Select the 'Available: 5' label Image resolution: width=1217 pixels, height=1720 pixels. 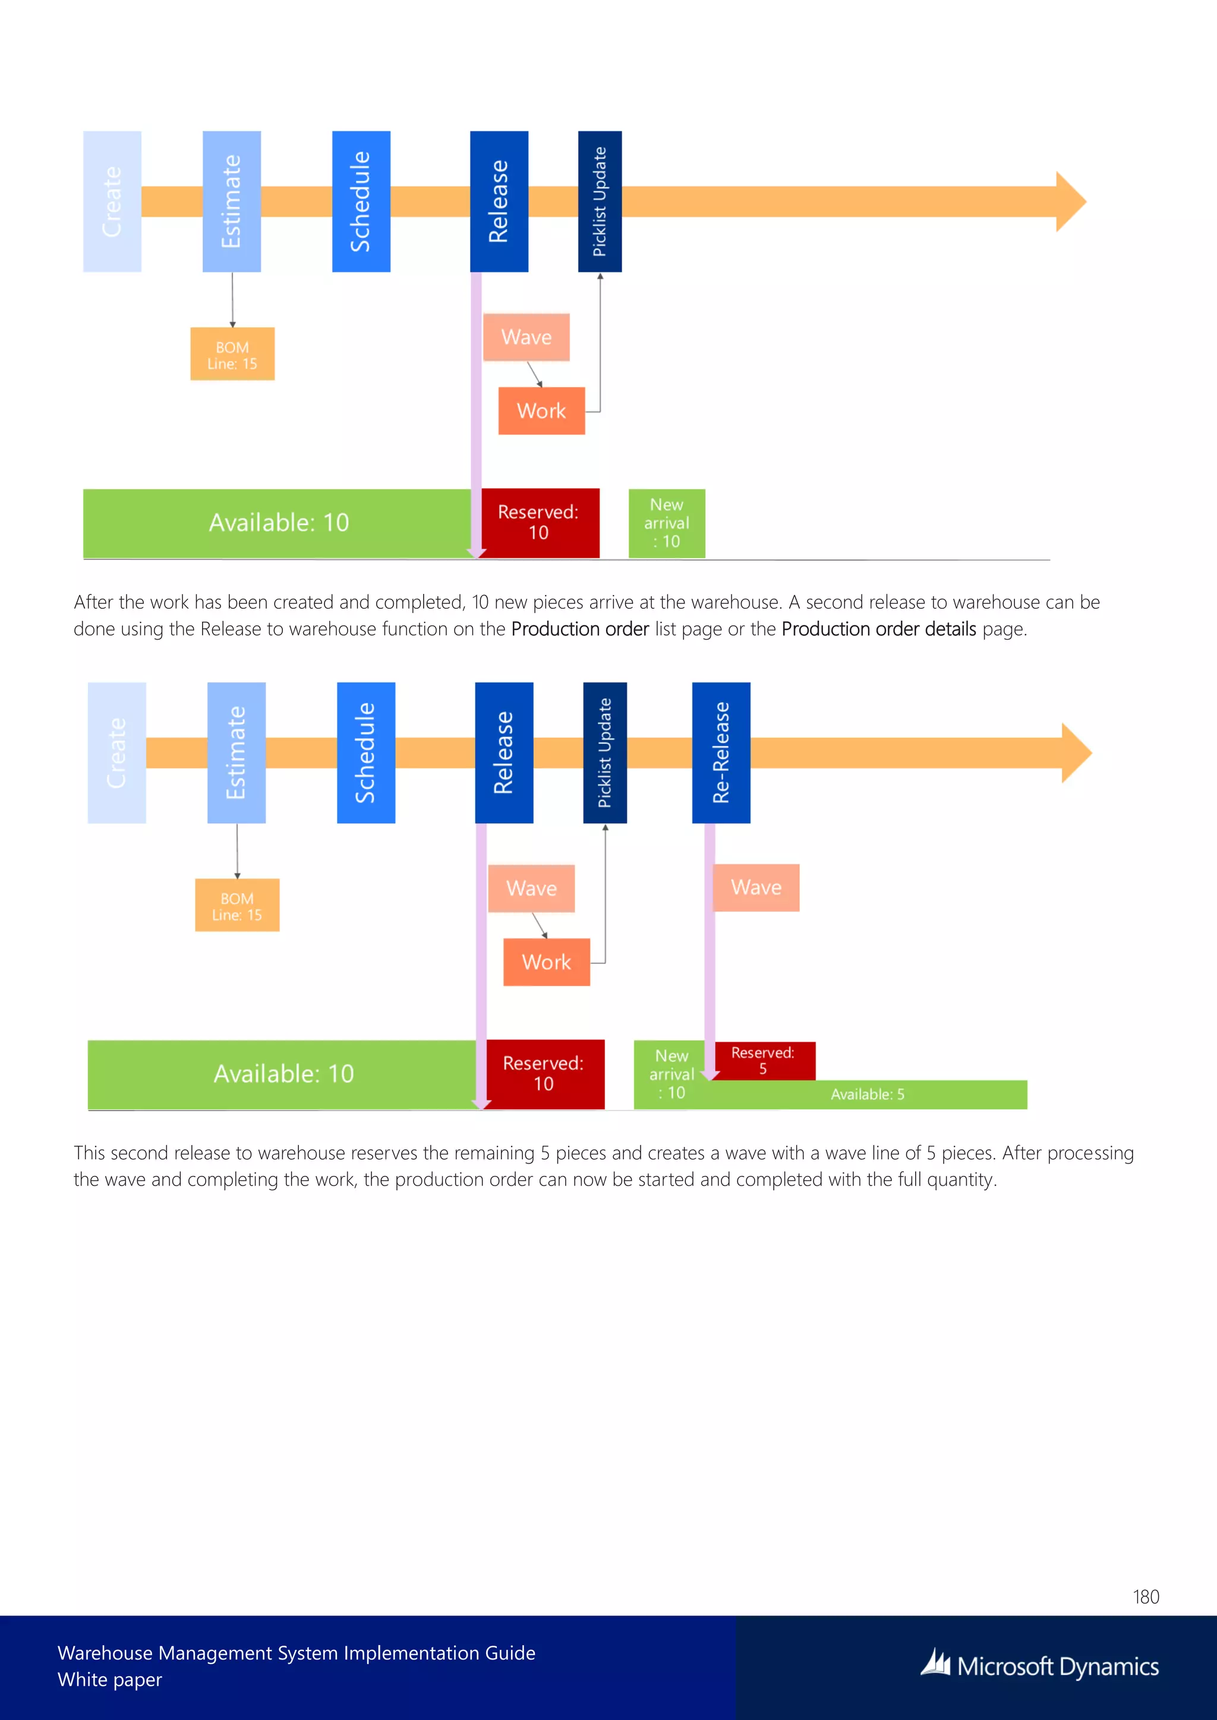click(x=867, y=1095)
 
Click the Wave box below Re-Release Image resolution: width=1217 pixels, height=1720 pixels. click(x=756, y=888)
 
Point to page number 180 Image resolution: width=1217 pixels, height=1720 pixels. click(x=1146, y=1596)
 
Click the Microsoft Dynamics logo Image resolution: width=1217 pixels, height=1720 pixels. click(x=1040, y=1665)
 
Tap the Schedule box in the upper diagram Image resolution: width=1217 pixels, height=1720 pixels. click(x=361, y=201)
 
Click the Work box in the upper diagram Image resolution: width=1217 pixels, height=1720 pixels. click(x=541, y=410)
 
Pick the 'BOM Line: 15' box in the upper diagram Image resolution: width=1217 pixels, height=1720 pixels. click(x=232, y=355)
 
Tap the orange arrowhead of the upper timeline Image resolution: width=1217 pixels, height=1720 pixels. click(x=1070, y=201)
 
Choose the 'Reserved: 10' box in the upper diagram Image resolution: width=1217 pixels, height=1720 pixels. click(x=539, y=522)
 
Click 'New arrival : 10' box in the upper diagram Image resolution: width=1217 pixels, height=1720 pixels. click(x=666, y=523)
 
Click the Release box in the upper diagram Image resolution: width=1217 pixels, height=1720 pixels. click(x=499, y=201)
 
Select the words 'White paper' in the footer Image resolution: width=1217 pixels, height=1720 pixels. click(x=109, y=1680)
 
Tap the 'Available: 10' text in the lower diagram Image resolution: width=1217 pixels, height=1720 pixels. click(x=283, y=1073)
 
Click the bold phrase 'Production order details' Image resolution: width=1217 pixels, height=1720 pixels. click(x=878, y=628)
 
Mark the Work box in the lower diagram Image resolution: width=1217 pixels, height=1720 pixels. click(x=546, y=962)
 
